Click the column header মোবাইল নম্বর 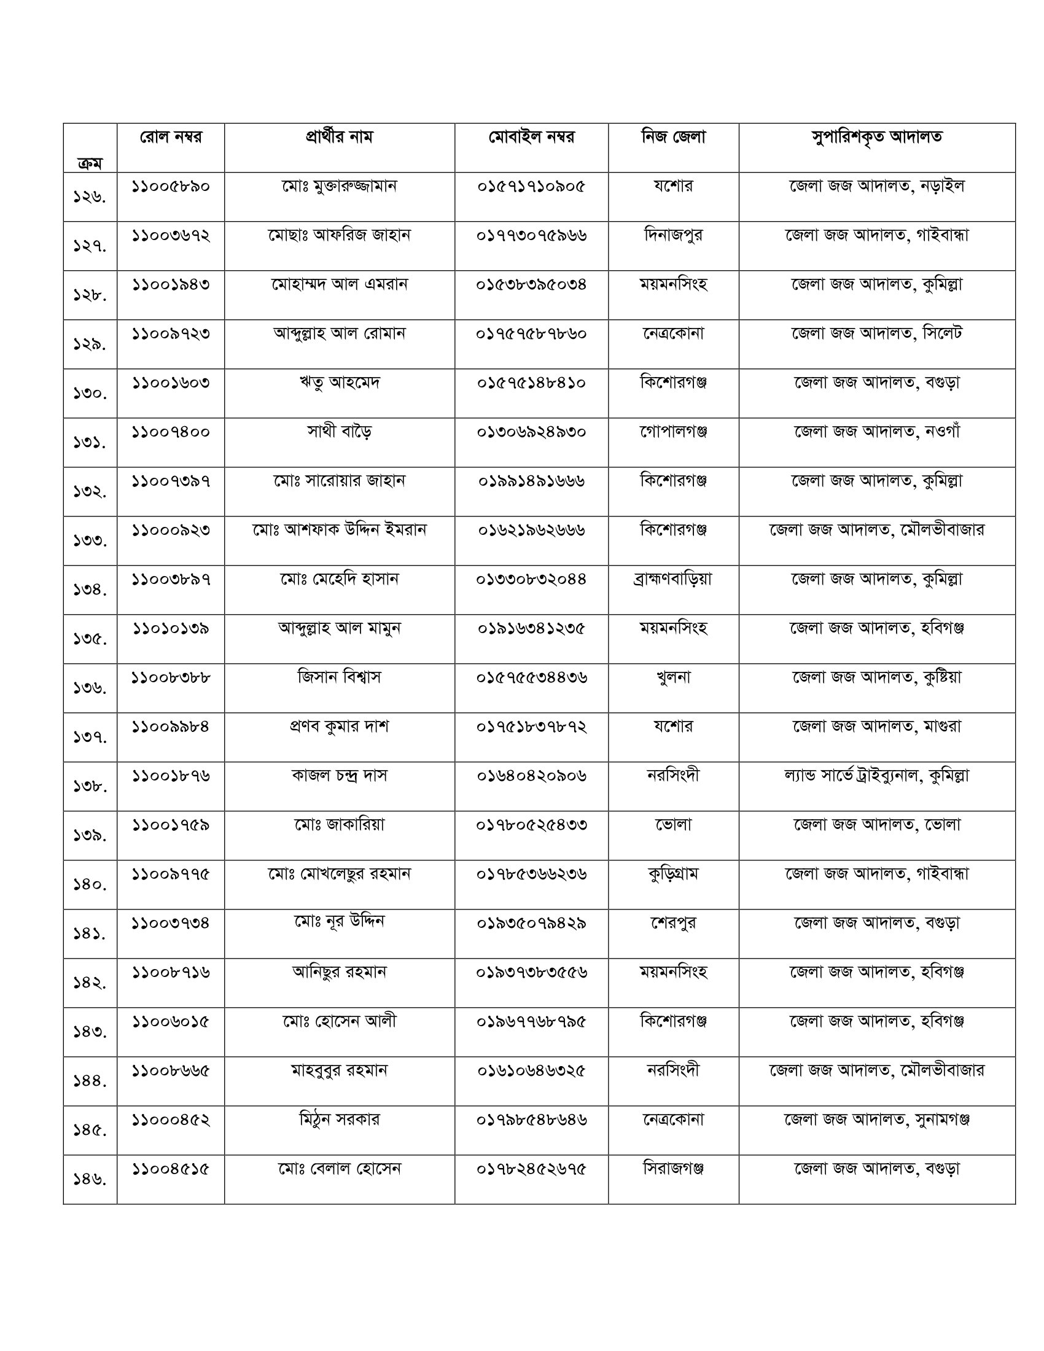click(531, 137)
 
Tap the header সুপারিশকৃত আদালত click(876, 137)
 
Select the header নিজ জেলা click(673, 137)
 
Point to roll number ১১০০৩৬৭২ click(171, 235)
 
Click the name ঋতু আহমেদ click(339, 383)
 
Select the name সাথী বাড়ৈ click(339, 432)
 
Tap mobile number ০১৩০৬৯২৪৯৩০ click(531, 432)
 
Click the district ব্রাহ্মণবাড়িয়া click(673, 579)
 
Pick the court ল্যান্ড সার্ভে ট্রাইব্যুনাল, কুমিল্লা click(876, 776)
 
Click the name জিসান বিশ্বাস click(339, 677)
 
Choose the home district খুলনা click(673, 677)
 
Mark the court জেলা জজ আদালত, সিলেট click(876, 333)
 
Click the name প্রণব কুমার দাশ click(339, 726)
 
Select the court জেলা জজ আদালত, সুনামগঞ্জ click(876, 1119)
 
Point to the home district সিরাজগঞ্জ click(673, 1169)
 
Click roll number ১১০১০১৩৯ click(171, 628)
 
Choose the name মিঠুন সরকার click(339, 1119)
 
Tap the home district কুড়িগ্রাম click(673, 874)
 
